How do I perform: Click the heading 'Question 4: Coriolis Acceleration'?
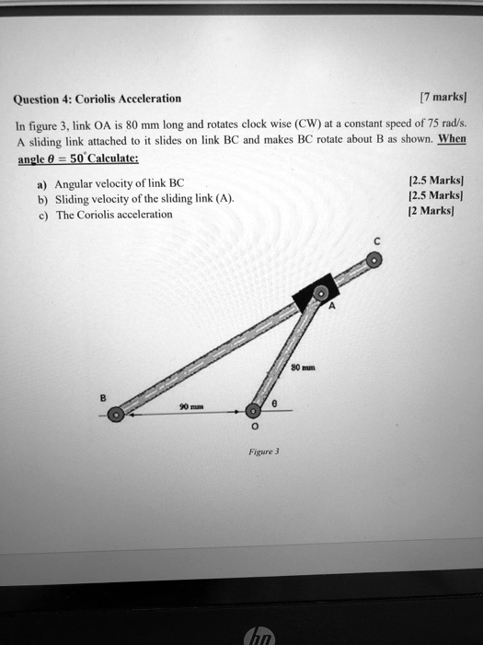(97, 99)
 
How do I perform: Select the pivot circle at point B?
(115, 416)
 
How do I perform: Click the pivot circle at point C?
(374, 262)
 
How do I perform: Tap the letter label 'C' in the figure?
(375, 242)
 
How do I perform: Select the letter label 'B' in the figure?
(104, 397)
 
